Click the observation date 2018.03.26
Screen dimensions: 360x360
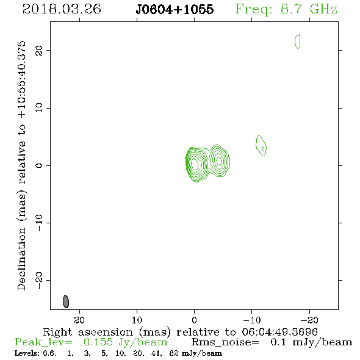62,9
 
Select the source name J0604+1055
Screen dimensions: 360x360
175,9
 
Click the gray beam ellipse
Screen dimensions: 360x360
66,301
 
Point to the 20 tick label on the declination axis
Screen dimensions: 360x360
39,51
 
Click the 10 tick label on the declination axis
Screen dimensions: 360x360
39,108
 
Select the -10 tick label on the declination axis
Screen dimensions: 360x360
39,223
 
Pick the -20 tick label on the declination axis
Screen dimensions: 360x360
39,280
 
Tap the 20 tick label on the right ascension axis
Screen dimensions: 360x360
79,320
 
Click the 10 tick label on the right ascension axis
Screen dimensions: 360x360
137,320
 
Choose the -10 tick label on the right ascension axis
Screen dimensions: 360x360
252,320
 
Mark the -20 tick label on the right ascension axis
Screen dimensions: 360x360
309,320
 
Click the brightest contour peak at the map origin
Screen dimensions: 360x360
195,164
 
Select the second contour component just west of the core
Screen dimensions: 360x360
219,161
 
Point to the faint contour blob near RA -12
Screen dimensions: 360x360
261,146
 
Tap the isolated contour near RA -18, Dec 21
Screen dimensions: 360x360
298,41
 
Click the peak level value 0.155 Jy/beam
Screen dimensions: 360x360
125,342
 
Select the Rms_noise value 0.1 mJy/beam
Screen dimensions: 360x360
311,342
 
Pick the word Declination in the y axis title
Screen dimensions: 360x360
21,259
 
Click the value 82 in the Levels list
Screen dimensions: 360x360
174,353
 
